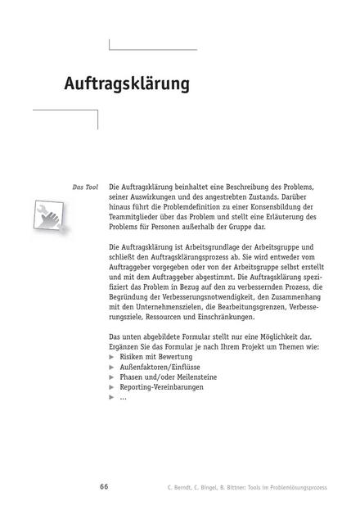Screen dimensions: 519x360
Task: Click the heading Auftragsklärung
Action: coord(127,84)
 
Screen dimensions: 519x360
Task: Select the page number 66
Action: coord(104,487)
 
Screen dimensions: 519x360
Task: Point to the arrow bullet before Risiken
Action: coord(112,358)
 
